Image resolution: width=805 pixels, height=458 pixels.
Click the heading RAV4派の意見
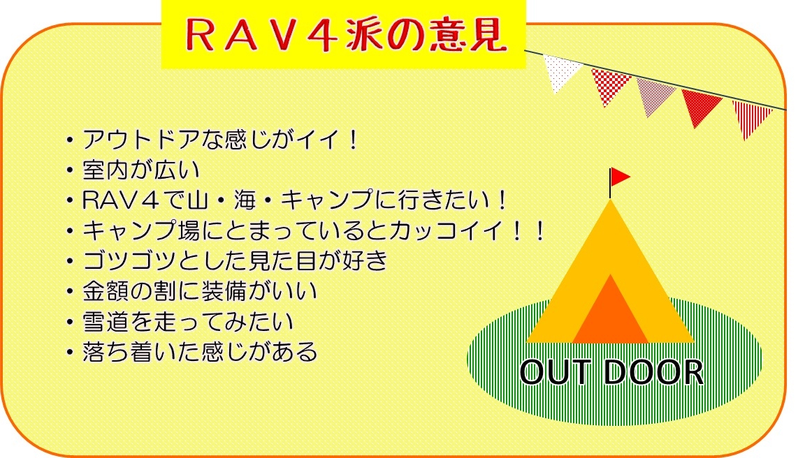coord(345,35)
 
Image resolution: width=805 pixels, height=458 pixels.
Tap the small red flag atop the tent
coord(619,177)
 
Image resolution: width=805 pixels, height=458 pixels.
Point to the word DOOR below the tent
coord(653,372)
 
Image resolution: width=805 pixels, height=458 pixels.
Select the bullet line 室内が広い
coord(140,170)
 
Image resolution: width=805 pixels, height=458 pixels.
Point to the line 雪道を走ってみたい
coord(188,322)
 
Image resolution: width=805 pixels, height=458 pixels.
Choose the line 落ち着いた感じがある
coord(200,352)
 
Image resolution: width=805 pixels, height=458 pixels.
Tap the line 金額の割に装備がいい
coord(199,291)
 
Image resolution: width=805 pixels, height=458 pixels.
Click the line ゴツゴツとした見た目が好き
coord(235,260)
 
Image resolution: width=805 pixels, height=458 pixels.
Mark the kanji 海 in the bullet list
coord(245,200)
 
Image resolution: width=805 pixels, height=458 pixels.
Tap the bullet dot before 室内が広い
coord(70,170)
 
